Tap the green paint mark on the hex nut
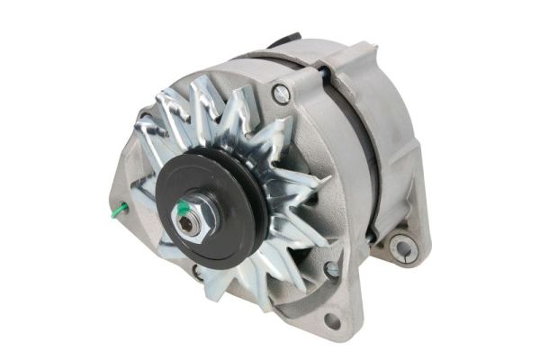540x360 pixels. tap(183, 210)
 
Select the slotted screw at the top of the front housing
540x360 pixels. tap(283, 92)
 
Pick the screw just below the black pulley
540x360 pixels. tap(197, 271)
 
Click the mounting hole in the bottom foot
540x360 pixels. tap(332, 320)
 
